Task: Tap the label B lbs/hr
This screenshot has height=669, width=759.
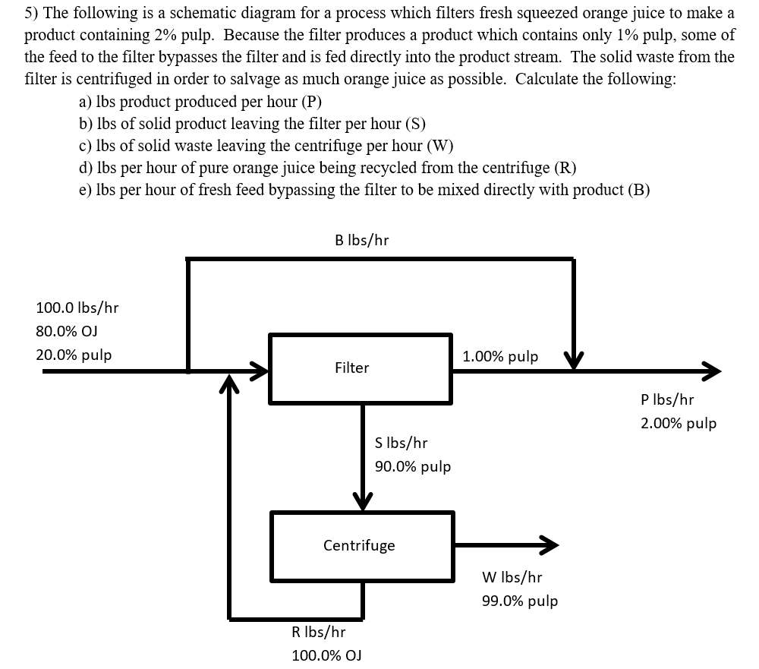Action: [x=361, y=240]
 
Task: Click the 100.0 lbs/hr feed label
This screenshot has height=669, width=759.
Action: [x=77, y=308]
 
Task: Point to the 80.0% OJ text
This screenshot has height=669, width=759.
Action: [x=66, y=331]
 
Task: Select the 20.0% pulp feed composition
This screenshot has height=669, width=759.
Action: [x=74, y=355]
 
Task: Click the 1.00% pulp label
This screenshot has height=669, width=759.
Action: [x=500, y=356]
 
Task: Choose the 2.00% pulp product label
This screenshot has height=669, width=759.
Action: [x=678, y=423]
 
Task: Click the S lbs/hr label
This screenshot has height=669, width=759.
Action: [x=401, y=442]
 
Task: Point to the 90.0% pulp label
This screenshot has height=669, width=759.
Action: [x=412, y=466]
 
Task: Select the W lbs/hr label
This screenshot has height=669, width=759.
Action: [x=512, y=577]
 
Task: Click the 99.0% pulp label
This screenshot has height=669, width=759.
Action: [x=519, y=601]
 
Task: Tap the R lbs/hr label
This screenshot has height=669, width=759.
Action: [x=318, y=632]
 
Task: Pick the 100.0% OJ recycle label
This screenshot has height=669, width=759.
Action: [x=326, y=655]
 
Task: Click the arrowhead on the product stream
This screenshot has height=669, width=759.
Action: [x=709, y=371]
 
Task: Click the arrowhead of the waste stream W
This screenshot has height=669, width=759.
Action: [x=549, y=544]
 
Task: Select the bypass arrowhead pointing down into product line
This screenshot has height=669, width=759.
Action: [x=573, y=361]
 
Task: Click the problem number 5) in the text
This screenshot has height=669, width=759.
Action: [x=32, y=13]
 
